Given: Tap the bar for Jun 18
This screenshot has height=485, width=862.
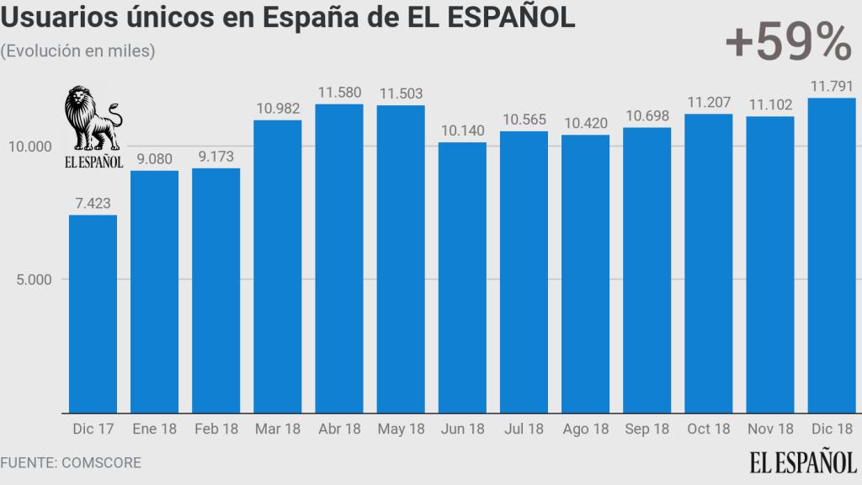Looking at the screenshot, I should coord(462,277).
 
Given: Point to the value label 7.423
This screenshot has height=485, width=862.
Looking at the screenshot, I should coord(93,203).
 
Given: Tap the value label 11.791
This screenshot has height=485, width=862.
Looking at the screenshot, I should coord(832,86).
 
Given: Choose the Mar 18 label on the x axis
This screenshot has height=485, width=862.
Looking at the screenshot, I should coord(278,429).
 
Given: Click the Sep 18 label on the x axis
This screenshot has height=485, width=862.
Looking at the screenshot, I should coord(647,429).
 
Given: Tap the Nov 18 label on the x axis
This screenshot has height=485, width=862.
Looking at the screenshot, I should coord(770,429).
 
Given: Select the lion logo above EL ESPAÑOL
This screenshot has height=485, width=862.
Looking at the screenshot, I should coord(93,118).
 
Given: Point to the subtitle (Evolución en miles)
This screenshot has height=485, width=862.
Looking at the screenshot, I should coord(77,51).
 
